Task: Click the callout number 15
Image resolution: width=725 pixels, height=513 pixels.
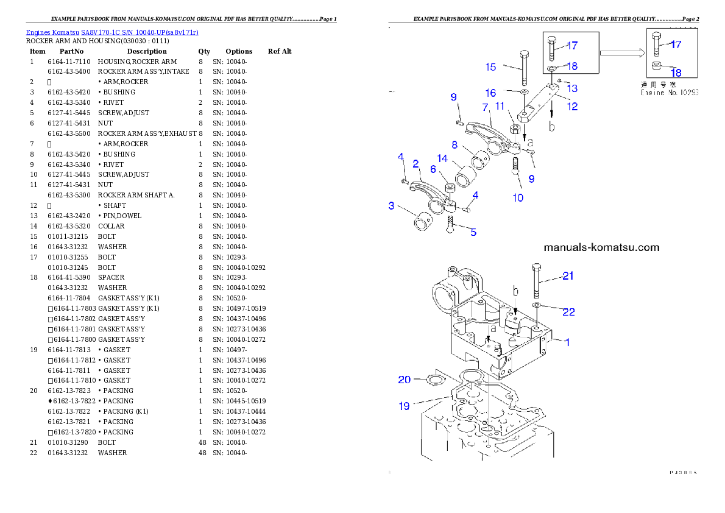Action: click(x=490, y=66)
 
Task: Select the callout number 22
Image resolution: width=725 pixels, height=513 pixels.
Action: click(x=568, y=312)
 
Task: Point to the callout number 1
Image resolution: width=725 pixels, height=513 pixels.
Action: click(x=567, y=342)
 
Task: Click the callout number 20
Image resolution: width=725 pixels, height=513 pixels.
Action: click(x=405, y=380)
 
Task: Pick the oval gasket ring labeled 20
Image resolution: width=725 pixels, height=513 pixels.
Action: click(x=434, y=381)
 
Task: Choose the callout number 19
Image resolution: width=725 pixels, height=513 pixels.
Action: click(x=405, y=406)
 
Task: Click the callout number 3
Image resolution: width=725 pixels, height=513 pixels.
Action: click(x=391, y=206)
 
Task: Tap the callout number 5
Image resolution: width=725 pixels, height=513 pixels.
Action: click(x=473, y=232)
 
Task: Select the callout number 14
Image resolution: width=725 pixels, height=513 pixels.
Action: click(x=442, y=158)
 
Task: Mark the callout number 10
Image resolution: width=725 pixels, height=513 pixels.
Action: click(x=517, y=197)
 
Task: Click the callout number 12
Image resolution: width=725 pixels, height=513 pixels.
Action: click(x=572, y=107)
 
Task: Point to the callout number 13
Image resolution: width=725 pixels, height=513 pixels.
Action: click(x=572, y=88)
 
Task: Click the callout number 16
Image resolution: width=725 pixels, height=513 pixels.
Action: click(x=490, y=93)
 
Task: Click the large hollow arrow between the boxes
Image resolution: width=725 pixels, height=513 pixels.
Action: click(x=622, y=53)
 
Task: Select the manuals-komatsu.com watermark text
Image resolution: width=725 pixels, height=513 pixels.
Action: click(x=601, y=247)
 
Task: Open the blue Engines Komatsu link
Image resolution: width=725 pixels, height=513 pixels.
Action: click(x=112, y=32)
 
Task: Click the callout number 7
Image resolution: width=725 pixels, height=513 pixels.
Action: click(x=486, y=107)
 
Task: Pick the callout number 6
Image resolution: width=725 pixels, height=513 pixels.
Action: click(x=433, y=169)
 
